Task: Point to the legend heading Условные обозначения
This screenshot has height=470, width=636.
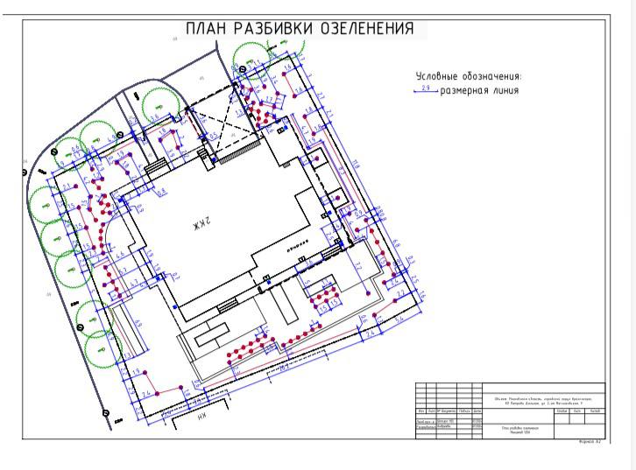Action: (x=468, y=76)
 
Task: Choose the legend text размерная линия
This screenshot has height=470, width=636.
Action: (x=479, y=90)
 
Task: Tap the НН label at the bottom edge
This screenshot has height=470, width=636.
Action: (x=202, y=418)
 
